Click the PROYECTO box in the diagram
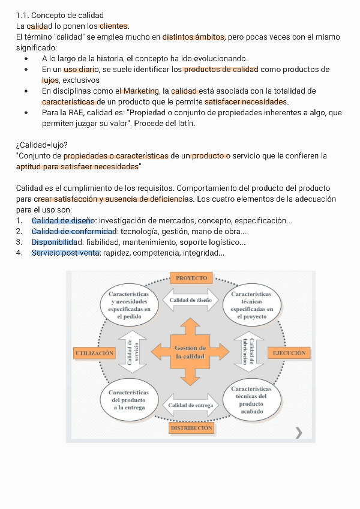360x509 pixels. (191, 278)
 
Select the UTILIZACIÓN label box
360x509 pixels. (95, 353)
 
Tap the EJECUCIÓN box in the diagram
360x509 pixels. (289, 353)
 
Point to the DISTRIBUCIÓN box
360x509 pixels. (191, 428)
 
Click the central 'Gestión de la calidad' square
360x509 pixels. (190, 352)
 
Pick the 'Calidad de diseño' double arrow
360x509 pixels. (191, 300)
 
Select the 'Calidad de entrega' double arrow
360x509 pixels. (191, 405)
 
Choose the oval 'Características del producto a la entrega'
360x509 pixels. (129, 400)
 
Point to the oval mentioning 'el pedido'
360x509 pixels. (129, 305)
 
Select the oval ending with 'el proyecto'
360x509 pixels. (251, 305)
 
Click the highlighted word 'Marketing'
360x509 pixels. (140, 91)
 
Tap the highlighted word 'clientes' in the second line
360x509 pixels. (113, 26)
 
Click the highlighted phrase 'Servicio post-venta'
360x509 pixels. (65, 253)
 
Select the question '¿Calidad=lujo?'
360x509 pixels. (42, 145)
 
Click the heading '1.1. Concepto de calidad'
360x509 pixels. (60, 15)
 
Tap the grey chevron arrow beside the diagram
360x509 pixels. (299, 432)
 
